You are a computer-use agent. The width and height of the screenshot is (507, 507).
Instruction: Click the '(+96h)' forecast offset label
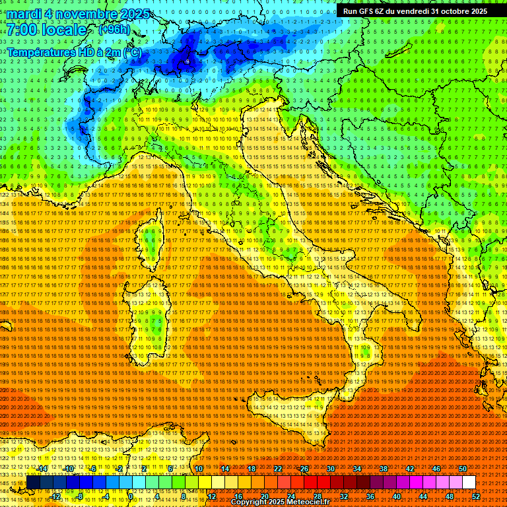[x=114, y=30]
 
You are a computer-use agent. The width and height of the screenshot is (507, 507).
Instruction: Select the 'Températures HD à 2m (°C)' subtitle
[x=74, y=51]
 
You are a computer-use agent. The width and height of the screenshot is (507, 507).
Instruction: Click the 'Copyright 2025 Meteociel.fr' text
[x=279, y=502]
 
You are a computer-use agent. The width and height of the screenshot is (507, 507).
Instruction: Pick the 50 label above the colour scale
[x=462, y=469]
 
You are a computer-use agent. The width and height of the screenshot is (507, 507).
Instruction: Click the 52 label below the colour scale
[x=475, y=496]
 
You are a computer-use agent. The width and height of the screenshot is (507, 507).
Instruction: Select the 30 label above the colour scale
[x=330, y=469]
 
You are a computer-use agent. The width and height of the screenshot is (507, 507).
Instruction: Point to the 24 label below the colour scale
[x=290, y=496]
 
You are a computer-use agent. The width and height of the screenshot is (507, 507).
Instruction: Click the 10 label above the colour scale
[x=198, y=469]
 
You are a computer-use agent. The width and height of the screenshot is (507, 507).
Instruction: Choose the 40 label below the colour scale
[x=396, y=496]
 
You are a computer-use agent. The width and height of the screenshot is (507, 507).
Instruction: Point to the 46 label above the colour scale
[x=436, y=469]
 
